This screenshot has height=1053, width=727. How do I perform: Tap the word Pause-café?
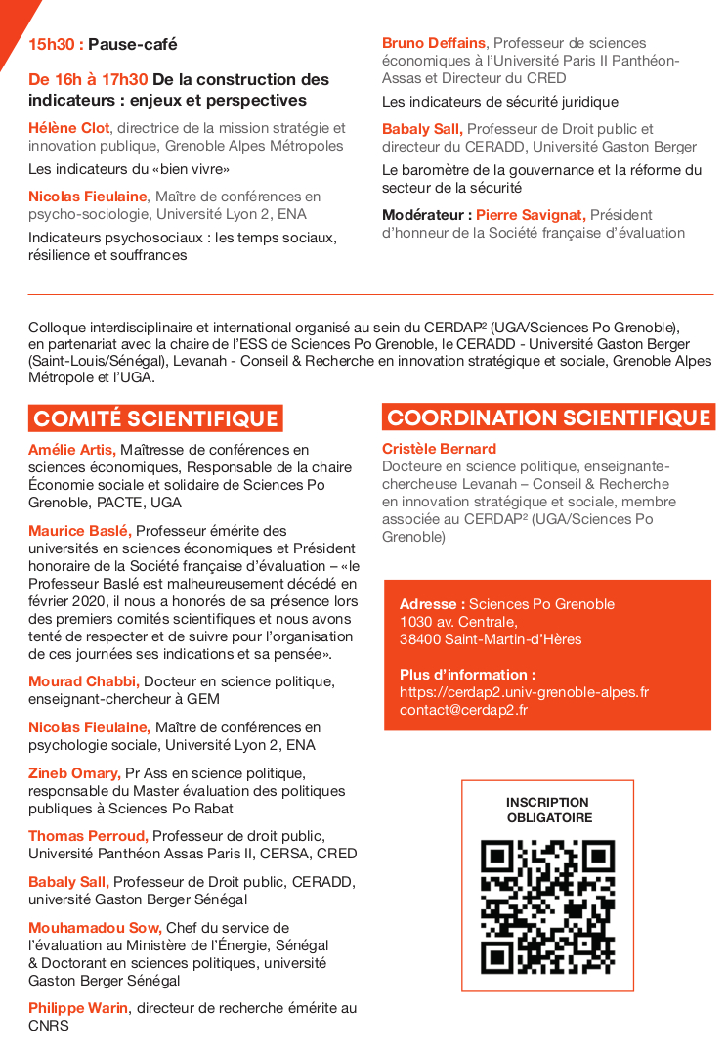coord(133,44)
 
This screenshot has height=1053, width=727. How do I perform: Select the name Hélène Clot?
coord(69,128)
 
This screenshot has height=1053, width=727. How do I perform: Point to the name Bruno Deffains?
coord(434,43)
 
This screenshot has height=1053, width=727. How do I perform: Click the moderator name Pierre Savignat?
coord(531,215)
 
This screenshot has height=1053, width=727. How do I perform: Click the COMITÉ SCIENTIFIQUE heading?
coord(155,419)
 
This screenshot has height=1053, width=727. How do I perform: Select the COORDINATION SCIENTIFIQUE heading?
coord(548,417)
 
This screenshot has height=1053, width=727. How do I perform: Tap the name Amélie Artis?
coord(71,450)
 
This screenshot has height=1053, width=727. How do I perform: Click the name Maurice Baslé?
coord(79,531)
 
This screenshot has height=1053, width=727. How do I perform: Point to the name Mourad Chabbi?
coord(83,681)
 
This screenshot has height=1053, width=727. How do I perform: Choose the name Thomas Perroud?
coord(88,836)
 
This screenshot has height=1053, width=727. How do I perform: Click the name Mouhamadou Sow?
coord(95,928)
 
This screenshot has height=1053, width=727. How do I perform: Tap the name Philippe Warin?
coord(78,1008)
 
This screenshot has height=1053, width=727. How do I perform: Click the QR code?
coord(547,906)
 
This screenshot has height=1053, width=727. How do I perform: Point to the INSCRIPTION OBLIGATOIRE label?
coord(548,810)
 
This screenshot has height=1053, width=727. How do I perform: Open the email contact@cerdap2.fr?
coord(463,710)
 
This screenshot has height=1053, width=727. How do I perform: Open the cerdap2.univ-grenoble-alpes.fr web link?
coord(524,692)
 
